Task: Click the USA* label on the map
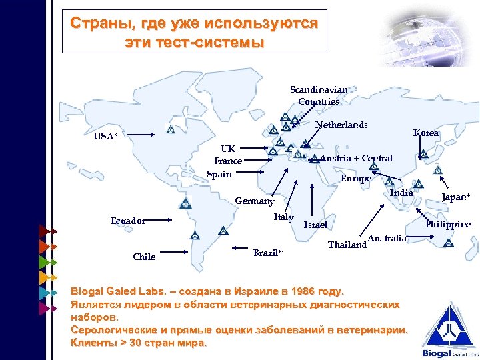pos(105,136)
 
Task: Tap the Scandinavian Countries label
pos(319,95)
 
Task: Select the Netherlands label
pos(341,125)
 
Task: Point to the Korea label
pos(426,133)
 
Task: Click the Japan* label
pos(457,196)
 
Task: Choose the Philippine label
pos(448,224)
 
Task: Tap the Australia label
pos(387,238)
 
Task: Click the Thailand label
pos(347,245)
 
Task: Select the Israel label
pos(315,225)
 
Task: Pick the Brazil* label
pos(268,253)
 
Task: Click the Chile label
pos(144,257)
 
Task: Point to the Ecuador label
pos(128,221)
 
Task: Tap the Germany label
pos(255,201)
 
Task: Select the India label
pos(401,193)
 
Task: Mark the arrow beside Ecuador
pos(167,219)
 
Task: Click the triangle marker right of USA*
pos(170,129)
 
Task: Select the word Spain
pos(219,174)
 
